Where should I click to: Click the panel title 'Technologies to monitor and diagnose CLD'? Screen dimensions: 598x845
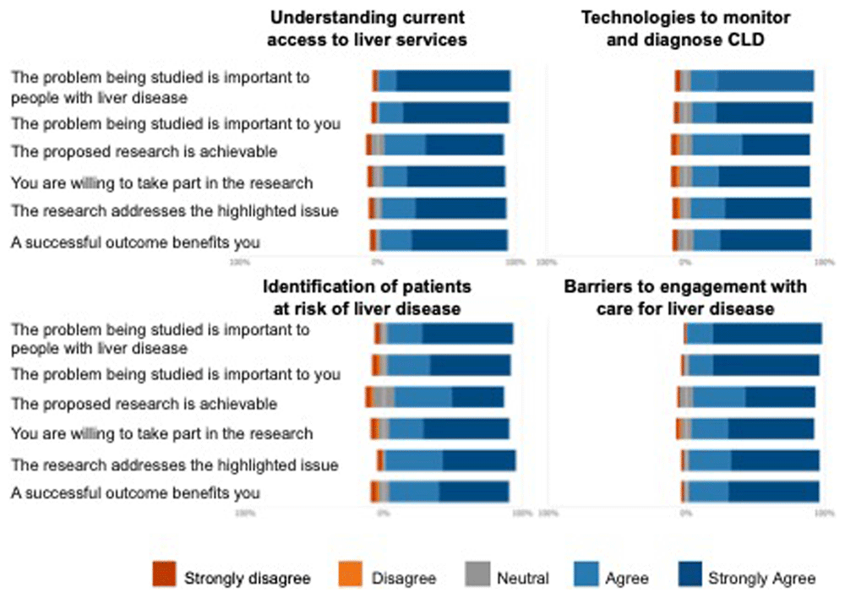pyautogui.click(x=685, y=28)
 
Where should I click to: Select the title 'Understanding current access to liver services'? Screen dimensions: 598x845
pyautogui.click(x=368, y=28)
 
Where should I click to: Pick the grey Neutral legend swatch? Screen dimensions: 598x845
pyautogui.click(x=476, y=576)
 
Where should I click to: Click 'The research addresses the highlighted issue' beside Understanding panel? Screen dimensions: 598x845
pyautogui.click(x=175, y=210)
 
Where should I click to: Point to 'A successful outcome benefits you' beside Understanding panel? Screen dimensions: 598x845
pyautogui.click(x=135, y=242)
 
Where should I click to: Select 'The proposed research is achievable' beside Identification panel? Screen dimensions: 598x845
pyautogui.click(x=144, y=403)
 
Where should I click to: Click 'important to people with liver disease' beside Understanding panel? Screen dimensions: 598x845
pyautogui.click(x=161, y=87)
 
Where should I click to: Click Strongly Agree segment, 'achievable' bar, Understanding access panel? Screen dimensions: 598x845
pyautogui.click(x=464, y=144)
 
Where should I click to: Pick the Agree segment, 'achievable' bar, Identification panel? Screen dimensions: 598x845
pyautogui.click(x=422, y=397)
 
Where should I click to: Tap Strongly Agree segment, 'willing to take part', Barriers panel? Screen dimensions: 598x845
pyautogui.click(x=771, y=428)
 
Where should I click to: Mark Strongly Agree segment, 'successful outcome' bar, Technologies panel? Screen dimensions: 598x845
pyautogui.click(x=765, y=239)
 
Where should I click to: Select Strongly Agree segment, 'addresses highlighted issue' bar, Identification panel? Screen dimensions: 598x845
pyautogui.click(x=478, y=459)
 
